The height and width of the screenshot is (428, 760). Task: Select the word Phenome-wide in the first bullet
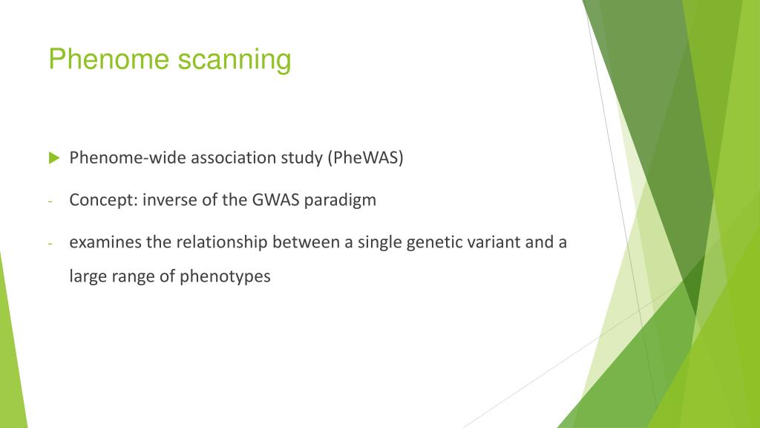115,158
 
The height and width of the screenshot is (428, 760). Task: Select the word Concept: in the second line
97,201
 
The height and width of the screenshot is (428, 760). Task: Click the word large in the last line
85,277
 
